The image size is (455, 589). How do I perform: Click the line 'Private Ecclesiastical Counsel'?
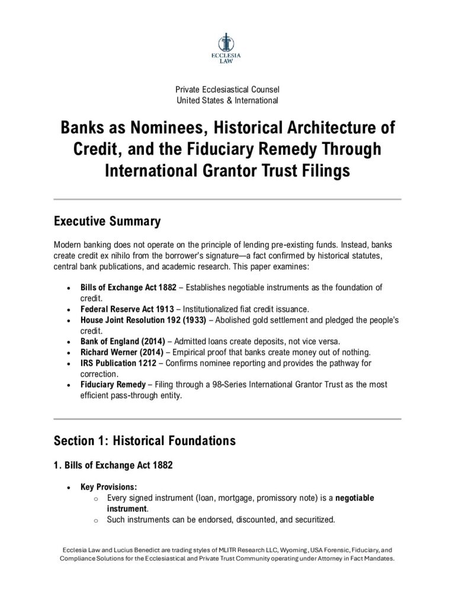(227, 89)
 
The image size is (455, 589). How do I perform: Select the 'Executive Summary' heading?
(107, 222)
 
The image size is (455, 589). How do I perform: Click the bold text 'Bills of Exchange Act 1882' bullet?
(129, 287)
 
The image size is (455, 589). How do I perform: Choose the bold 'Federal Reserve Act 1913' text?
(124, 309)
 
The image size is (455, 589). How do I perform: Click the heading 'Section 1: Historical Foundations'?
(145, 441)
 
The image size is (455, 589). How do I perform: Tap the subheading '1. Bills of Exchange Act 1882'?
(113, 465)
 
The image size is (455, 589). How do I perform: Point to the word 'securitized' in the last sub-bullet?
(311, 520)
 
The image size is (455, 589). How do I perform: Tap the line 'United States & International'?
(227, 100)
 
